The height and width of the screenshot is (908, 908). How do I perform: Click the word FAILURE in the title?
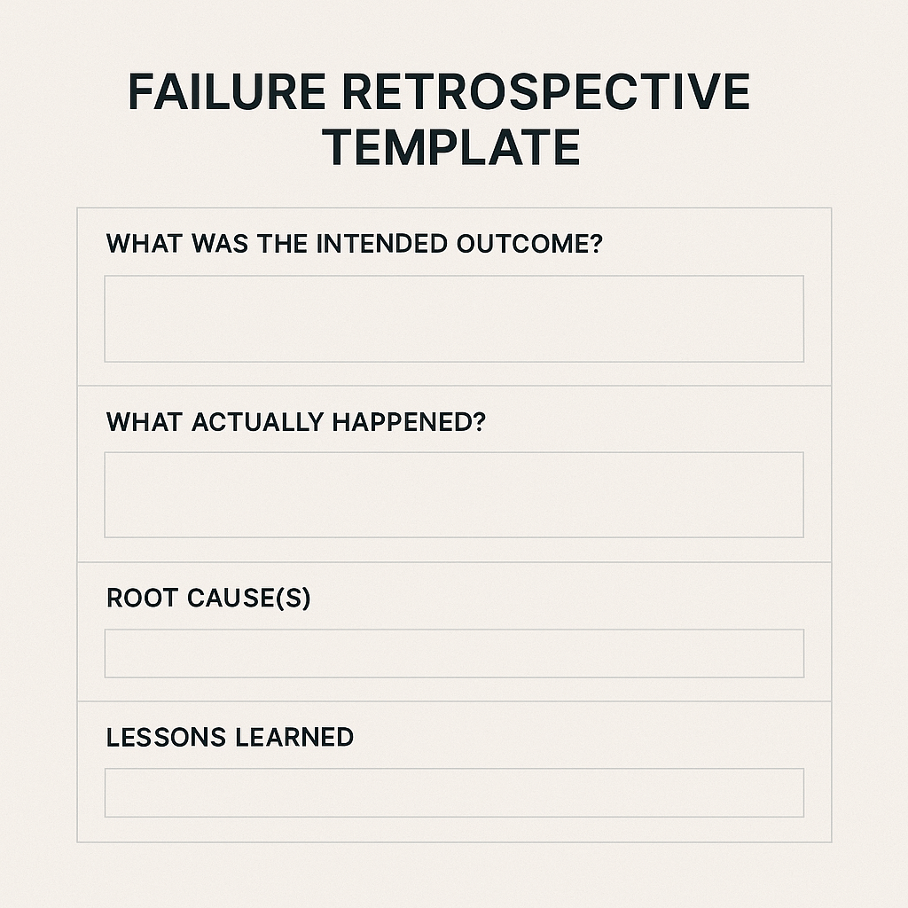coord(227,91)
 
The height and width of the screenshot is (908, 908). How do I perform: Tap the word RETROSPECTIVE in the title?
coord(546,91)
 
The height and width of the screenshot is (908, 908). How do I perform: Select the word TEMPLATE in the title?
coord(451,147)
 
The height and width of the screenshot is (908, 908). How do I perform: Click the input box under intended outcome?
coord(454,319)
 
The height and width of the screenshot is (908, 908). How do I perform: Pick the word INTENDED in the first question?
coord(381,244)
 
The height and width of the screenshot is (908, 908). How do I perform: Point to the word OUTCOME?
coord(529,244)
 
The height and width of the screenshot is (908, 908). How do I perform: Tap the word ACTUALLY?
coord(258,421)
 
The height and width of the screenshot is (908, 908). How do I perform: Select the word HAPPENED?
coord(409,421)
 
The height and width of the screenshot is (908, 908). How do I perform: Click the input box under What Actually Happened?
coord(454,495)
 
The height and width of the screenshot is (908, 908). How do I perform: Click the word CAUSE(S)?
coord(249,599)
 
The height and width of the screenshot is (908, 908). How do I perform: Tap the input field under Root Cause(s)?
coord(454,654)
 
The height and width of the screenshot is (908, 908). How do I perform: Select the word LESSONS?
coord(166,737)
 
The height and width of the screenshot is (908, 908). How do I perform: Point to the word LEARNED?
coord(294,737)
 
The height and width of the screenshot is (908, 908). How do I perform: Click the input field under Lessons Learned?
coord(454,793)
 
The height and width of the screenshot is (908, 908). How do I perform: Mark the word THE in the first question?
coord(282,244)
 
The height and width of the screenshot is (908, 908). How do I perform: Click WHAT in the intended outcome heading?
coord(145,244)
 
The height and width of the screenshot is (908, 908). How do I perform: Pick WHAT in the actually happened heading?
coord(145,421)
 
